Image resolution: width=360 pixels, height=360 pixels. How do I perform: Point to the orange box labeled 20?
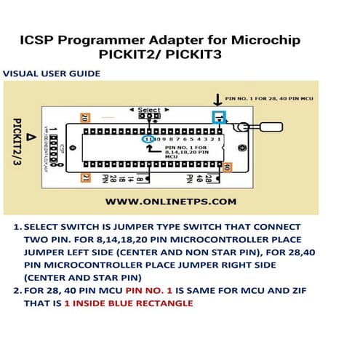click(85, 117)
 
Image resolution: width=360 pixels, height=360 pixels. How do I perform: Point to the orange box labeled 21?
click(85, 177)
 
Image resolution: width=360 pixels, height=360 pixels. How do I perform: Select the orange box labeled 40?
click(227, 167)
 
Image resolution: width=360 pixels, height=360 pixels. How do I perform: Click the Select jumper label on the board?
click(149, 110)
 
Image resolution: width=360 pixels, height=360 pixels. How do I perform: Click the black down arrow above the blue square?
click(217, 99)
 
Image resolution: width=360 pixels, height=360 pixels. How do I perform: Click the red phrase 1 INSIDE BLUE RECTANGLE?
click(129, 303)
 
